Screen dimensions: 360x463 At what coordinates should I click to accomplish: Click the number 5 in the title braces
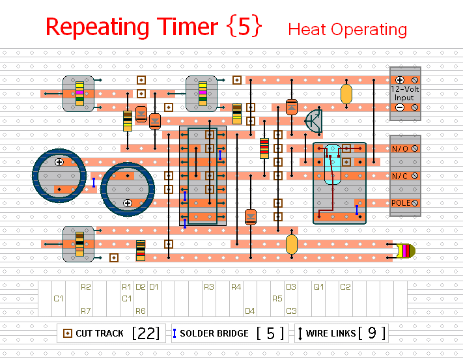pyautogui.click(x=246, y=27)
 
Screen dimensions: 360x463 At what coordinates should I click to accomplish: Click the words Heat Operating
pyautogui.click(x=347, y=29)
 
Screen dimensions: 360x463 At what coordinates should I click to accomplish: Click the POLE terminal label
pyautogui.click(x=400, y=203)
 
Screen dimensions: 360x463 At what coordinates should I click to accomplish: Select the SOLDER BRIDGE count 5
pyautogui.click(x=270, y=333)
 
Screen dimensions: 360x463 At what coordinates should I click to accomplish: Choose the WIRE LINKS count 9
pyautogui.click(x=372, y=333)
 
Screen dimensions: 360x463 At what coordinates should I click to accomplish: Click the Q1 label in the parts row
pyautogui.click(x=318, y=286)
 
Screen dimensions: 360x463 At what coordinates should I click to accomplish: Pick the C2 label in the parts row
pyautogui.click(x=345, y=286)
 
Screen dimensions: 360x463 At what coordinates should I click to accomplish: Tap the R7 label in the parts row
pyautogui.click(x=86, y=311)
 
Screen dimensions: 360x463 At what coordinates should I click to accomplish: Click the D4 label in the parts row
pyautogui.click(x=250, y=311)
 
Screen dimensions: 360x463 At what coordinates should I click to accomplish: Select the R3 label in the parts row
pyautogui.click(x=208, y=286)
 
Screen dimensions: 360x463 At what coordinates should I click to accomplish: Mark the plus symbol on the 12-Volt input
pyautogui.click(x=400, y=80)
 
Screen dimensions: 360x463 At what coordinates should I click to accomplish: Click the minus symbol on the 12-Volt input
pyautogui.click(x=400, y=107)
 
